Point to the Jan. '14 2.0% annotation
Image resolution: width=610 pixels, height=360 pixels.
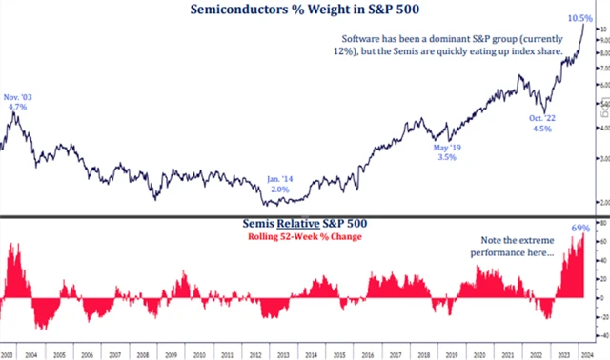click(x=279, y=183)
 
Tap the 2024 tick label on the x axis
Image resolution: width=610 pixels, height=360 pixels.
click(x=587, y=353)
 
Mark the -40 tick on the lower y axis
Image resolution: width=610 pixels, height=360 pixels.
click(x=602, y=337)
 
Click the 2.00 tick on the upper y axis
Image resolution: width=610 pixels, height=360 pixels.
click(x=602, y=203)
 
